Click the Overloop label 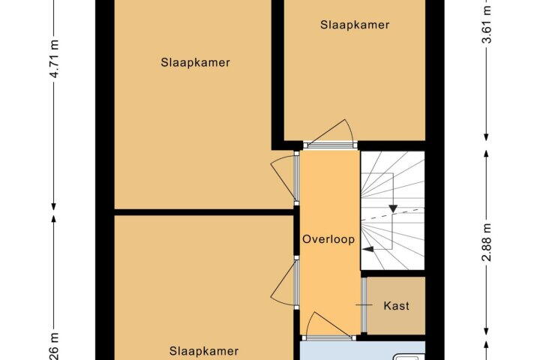(328, 240)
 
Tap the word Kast (395, 306)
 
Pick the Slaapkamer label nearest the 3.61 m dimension (355, 25)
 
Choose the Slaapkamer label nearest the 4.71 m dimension (195, 62)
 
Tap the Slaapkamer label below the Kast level (204, 350)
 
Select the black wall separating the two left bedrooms (202, 212)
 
